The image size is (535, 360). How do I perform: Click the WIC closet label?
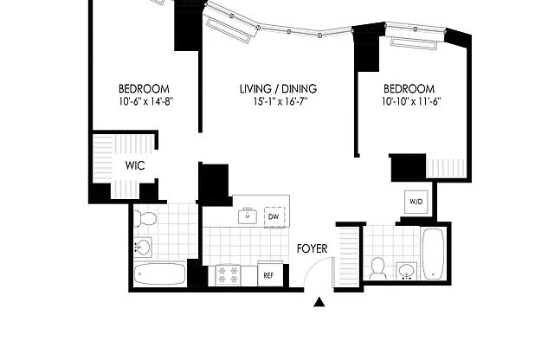click(134, 164)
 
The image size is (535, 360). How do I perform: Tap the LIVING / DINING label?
click(277, 88)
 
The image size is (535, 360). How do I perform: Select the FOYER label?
click(313, 248)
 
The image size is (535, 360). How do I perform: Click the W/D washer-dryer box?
click(416, 202)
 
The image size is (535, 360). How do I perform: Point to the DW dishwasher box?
click(274, 216)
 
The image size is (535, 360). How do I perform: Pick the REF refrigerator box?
click(269, 275)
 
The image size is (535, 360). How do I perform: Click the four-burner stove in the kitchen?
click(228, 274)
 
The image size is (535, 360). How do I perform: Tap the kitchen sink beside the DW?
click(248, 215)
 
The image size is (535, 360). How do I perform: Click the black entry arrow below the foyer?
click(319, 302)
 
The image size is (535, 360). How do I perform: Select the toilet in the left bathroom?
click(145, 218)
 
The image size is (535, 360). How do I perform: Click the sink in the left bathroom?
click(142, 247)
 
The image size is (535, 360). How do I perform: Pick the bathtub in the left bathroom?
click(160, 275)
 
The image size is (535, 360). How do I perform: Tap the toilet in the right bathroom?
click(378, 268)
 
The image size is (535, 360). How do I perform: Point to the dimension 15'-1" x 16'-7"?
click(277, 102)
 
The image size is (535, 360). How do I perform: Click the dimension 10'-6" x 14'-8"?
click(143, 102)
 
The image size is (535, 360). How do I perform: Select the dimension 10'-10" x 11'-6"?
click(409, 102)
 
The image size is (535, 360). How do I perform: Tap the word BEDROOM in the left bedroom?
click(143, 88)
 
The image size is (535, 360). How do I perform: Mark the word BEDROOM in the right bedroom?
click(409, 88)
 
